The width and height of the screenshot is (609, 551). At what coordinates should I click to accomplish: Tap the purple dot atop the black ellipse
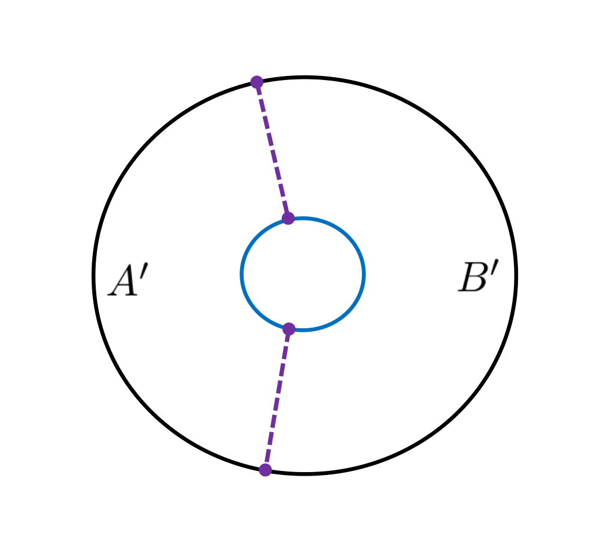(257, 82)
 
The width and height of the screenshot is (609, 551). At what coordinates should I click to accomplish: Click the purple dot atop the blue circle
(288, 218)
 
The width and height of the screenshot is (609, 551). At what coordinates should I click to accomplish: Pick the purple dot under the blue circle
(289, 329)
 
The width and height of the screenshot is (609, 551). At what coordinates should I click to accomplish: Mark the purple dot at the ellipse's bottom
(265, 470)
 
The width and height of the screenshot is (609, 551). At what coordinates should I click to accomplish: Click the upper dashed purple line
(273, 150)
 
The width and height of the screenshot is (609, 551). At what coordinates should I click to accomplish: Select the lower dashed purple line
(277, 399)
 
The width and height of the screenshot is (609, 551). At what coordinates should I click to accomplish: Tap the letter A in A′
(124, 282)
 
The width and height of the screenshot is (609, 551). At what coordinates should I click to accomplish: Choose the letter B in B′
(472, 278)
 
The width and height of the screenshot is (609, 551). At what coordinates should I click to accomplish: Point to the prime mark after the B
(495, 267)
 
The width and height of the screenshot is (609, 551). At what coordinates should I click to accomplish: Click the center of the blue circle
(303, 274)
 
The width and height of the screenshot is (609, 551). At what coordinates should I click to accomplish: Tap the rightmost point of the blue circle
(364, 274)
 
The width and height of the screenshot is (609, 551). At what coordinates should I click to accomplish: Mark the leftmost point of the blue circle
(242, 274)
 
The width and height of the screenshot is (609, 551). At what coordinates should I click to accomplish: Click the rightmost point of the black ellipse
(516, 275)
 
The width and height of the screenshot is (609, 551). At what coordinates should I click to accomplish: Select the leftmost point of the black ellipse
(94, 275)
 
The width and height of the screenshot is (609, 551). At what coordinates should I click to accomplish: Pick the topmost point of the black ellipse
(304, 77)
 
